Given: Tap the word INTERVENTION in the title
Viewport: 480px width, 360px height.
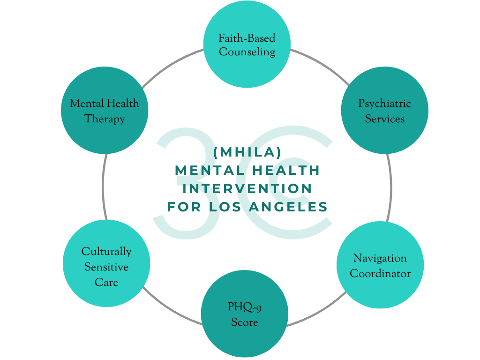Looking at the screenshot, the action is (x=247, y=188).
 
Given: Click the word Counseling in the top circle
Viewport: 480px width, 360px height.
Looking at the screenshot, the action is (x=247, y=52).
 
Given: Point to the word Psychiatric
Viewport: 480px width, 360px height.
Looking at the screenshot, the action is (x=384, y=104).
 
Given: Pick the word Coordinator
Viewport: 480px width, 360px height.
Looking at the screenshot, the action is (x=380, y=273).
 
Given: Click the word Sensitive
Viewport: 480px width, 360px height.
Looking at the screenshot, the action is (x=106, y=267).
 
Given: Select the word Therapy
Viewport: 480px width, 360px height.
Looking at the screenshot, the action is (x=105, y=119).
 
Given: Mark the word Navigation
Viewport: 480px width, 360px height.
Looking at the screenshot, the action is (x=380, y=258).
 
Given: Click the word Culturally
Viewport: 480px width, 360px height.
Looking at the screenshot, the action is (x=106, y=252).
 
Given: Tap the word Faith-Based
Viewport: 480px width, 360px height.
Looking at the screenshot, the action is (x=247, y=37).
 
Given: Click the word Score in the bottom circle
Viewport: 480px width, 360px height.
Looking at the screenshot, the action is (x=244, y=322).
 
